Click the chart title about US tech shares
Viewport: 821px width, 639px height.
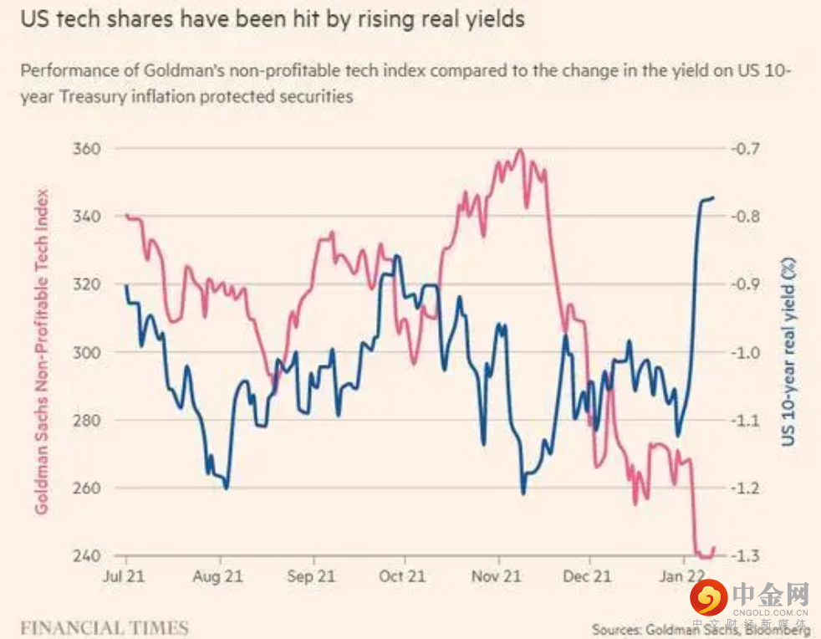click(267, 20)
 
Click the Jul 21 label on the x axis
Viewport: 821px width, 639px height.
click(126, 576)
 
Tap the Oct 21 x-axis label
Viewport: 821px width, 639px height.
click(402, 576)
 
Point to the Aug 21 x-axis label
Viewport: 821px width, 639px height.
click(219, 576)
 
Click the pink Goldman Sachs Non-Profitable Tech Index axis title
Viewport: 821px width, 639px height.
click(41, 352)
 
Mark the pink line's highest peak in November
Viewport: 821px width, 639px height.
click(520, 151)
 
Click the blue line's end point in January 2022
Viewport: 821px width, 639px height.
click(713, 197)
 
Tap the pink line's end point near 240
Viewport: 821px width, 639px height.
click(714, 548)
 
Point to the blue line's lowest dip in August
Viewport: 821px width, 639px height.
click(227, 488)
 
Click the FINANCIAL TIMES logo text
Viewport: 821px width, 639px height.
click(105, 627)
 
